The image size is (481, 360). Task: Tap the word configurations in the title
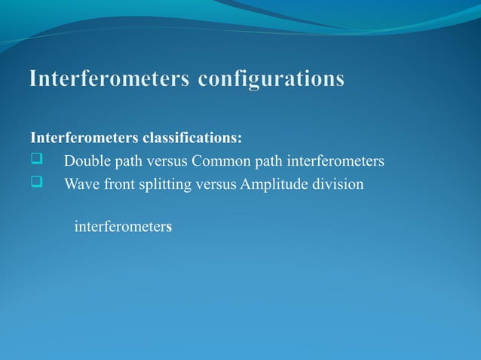click(271, 79)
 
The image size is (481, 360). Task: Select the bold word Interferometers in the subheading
click(84, 138)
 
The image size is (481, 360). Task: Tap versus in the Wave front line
click(216, 184)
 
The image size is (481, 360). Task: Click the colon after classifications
click(240, 139)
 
